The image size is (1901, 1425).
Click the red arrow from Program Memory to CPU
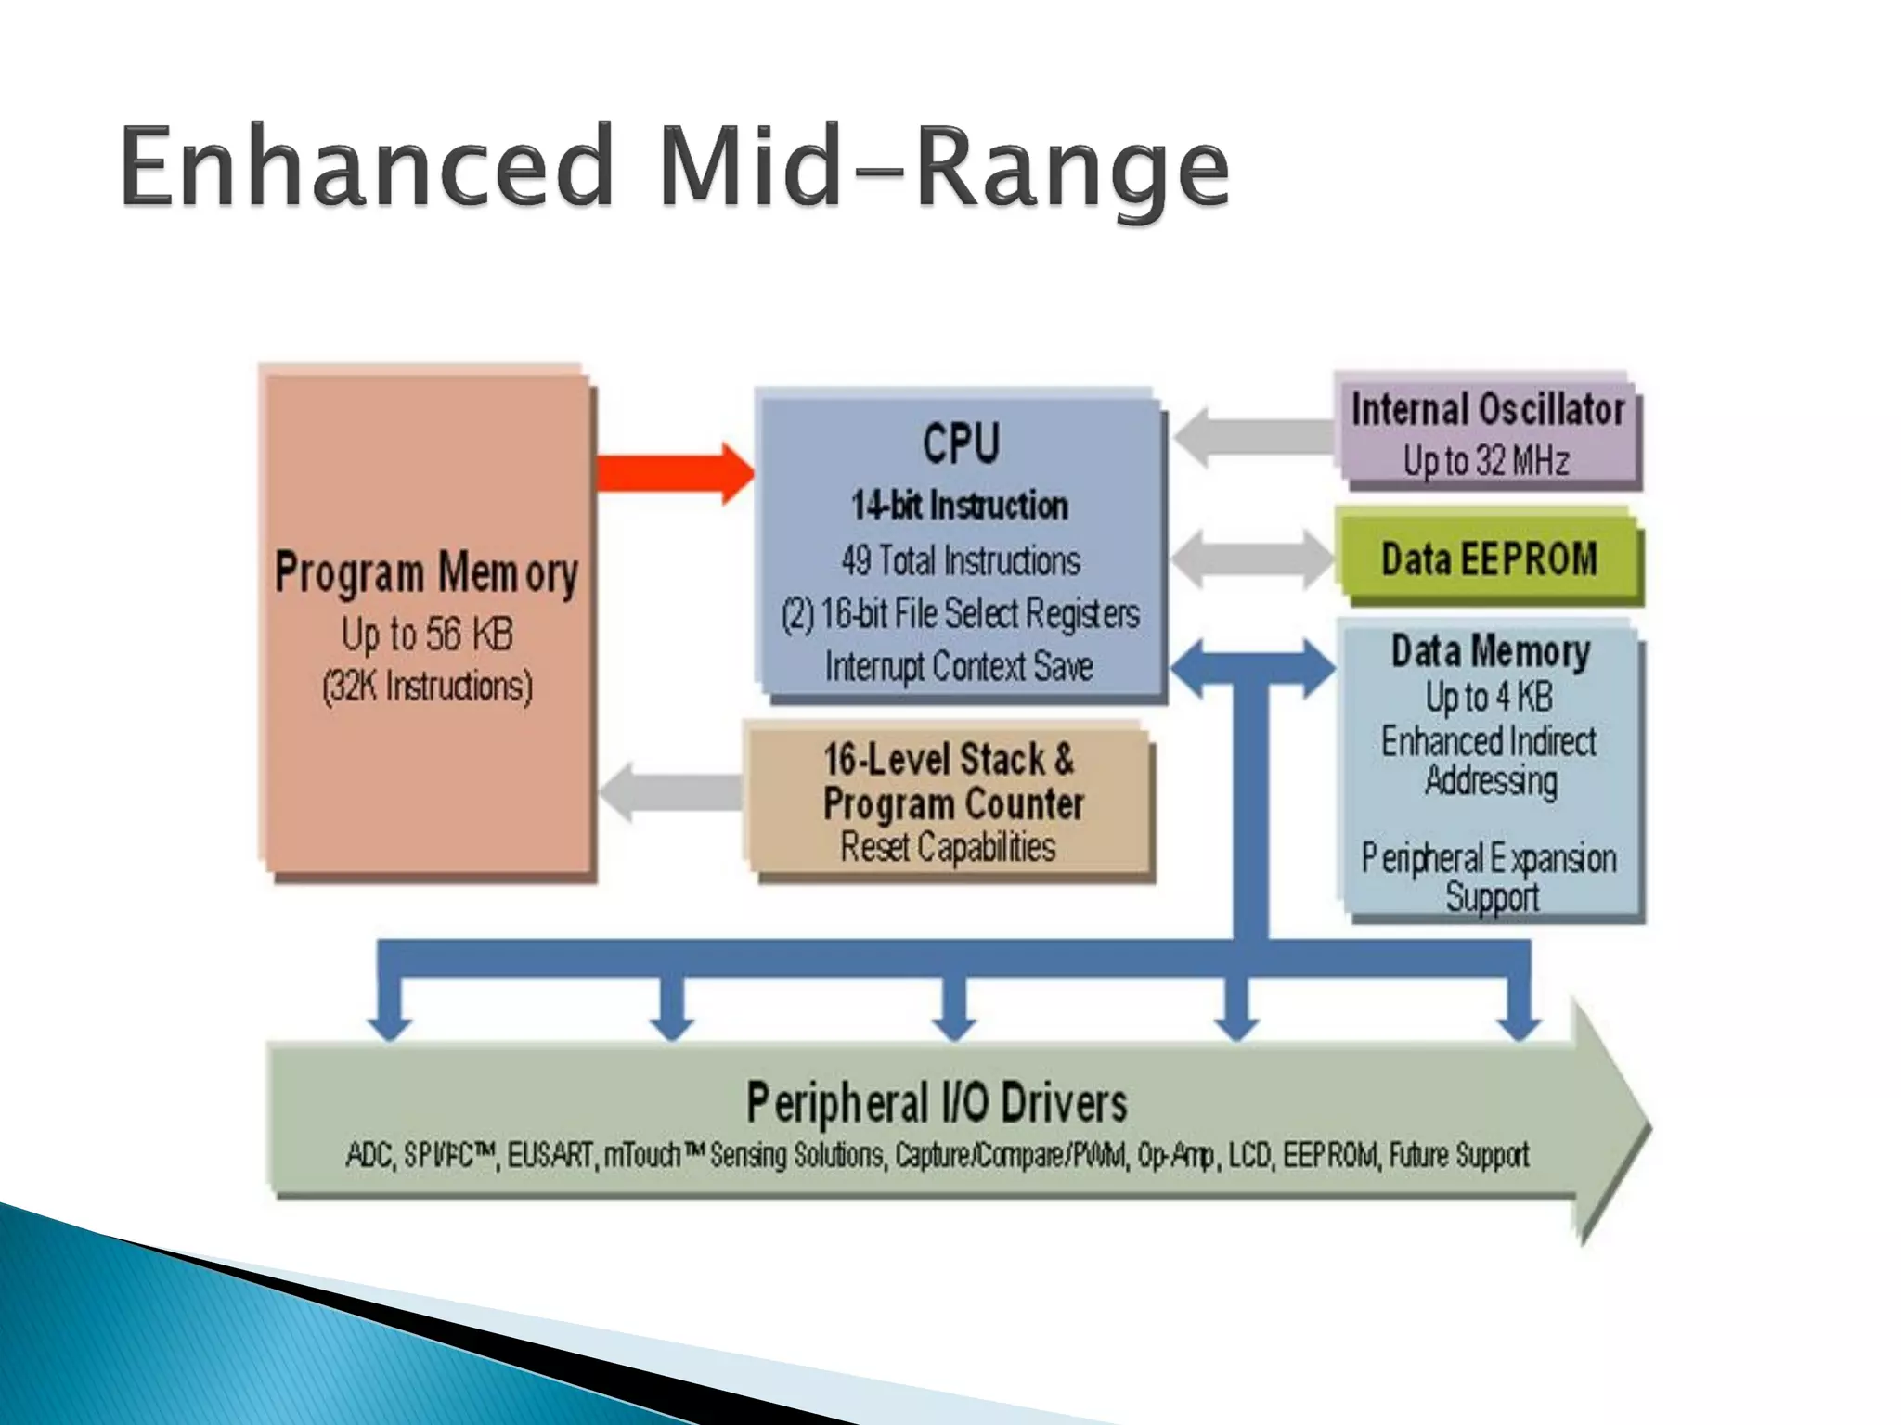pyautogui.click(x=673, y=473)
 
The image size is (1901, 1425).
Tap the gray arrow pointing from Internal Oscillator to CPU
pyautogui.click(x=1253, y=436)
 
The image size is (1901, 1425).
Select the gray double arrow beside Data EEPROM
pyautogui.click(x=1251, y=558)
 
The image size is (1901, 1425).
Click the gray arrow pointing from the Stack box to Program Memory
pyautogui.click(x=673, y=791)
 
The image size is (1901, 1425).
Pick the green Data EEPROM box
pyautogui.click(x=1489, y=558)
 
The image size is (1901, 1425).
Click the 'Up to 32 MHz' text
pyautogui.click(x=1486, y=461)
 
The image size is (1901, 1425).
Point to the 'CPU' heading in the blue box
pyautogui.click(x=961, y=443)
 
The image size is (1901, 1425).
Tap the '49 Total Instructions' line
pyautogui.click(x=961, y=560)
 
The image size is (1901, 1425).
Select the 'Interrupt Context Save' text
pyautogui.click(x=959, y=666)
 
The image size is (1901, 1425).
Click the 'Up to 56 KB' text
pyautogui.click(x=427, y=635)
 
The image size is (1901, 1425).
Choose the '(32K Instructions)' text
pyautogui.click(x=427, y=687)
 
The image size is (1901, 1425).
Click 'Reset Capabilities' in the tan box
pyautogui.click(x=948, y=847)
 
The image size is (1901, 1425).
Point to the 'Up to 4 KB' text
pyautogui.click(x=1489, y=697)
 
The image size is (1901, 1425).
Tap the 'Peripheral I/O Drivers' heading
pyautogui.click(x=937, y=1103)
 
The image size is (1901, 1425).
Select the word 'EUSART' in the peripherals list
pyautogui.click(x=550, y=1156)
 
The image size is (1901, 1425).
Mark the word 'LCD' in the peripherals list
pyautogui.click(x=1249, y=1156)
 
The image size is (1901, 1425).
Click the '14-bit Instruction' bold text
pyautogui.click(x=960, y=506)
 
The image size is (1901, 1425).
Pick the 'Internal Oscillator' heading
pyautogui.click(x=1488, y=409)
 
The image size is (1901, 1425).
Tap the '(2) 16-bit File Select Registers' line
pyautogui.click(x=961, y=614)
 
